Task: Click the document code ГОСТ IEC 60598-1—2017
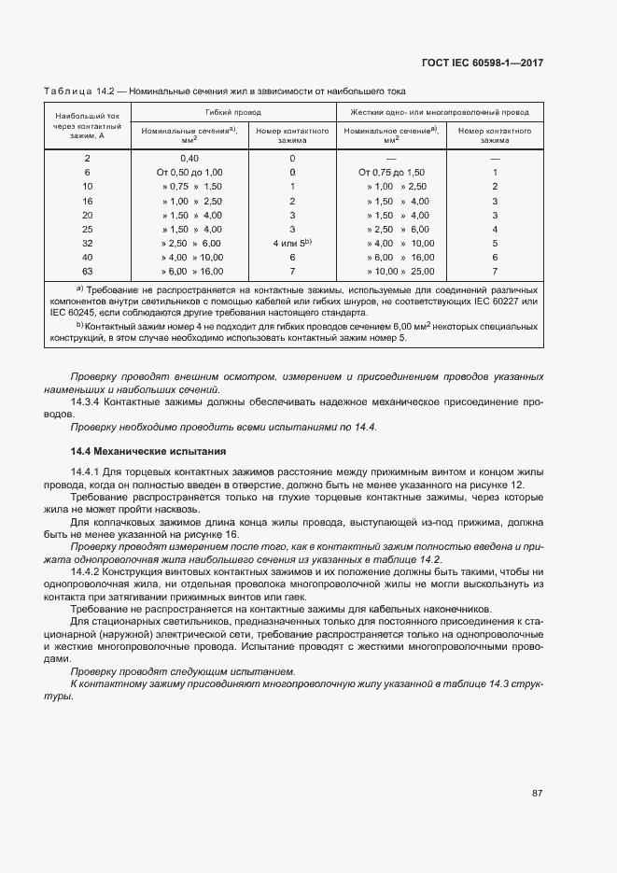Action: click(483, 63)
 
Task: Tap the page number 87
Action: click(538, 793)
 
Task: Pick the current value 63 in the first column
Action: click(88, 271)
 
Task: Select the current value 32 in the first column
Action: click(88, 243)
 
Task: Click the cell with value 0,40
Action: click(189, 159)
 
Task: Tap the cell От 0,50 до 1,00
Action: click(189, 173)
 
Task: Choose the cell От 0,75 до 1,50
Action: click(391, 173)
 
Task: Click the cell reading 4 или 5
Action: click(291, 243)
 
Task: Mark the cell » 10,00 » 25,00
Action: click(391, 271)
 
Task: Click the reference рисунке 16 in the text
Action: click(210, 534)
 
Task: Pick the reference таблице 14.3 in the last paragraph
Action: click(472, 683)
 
